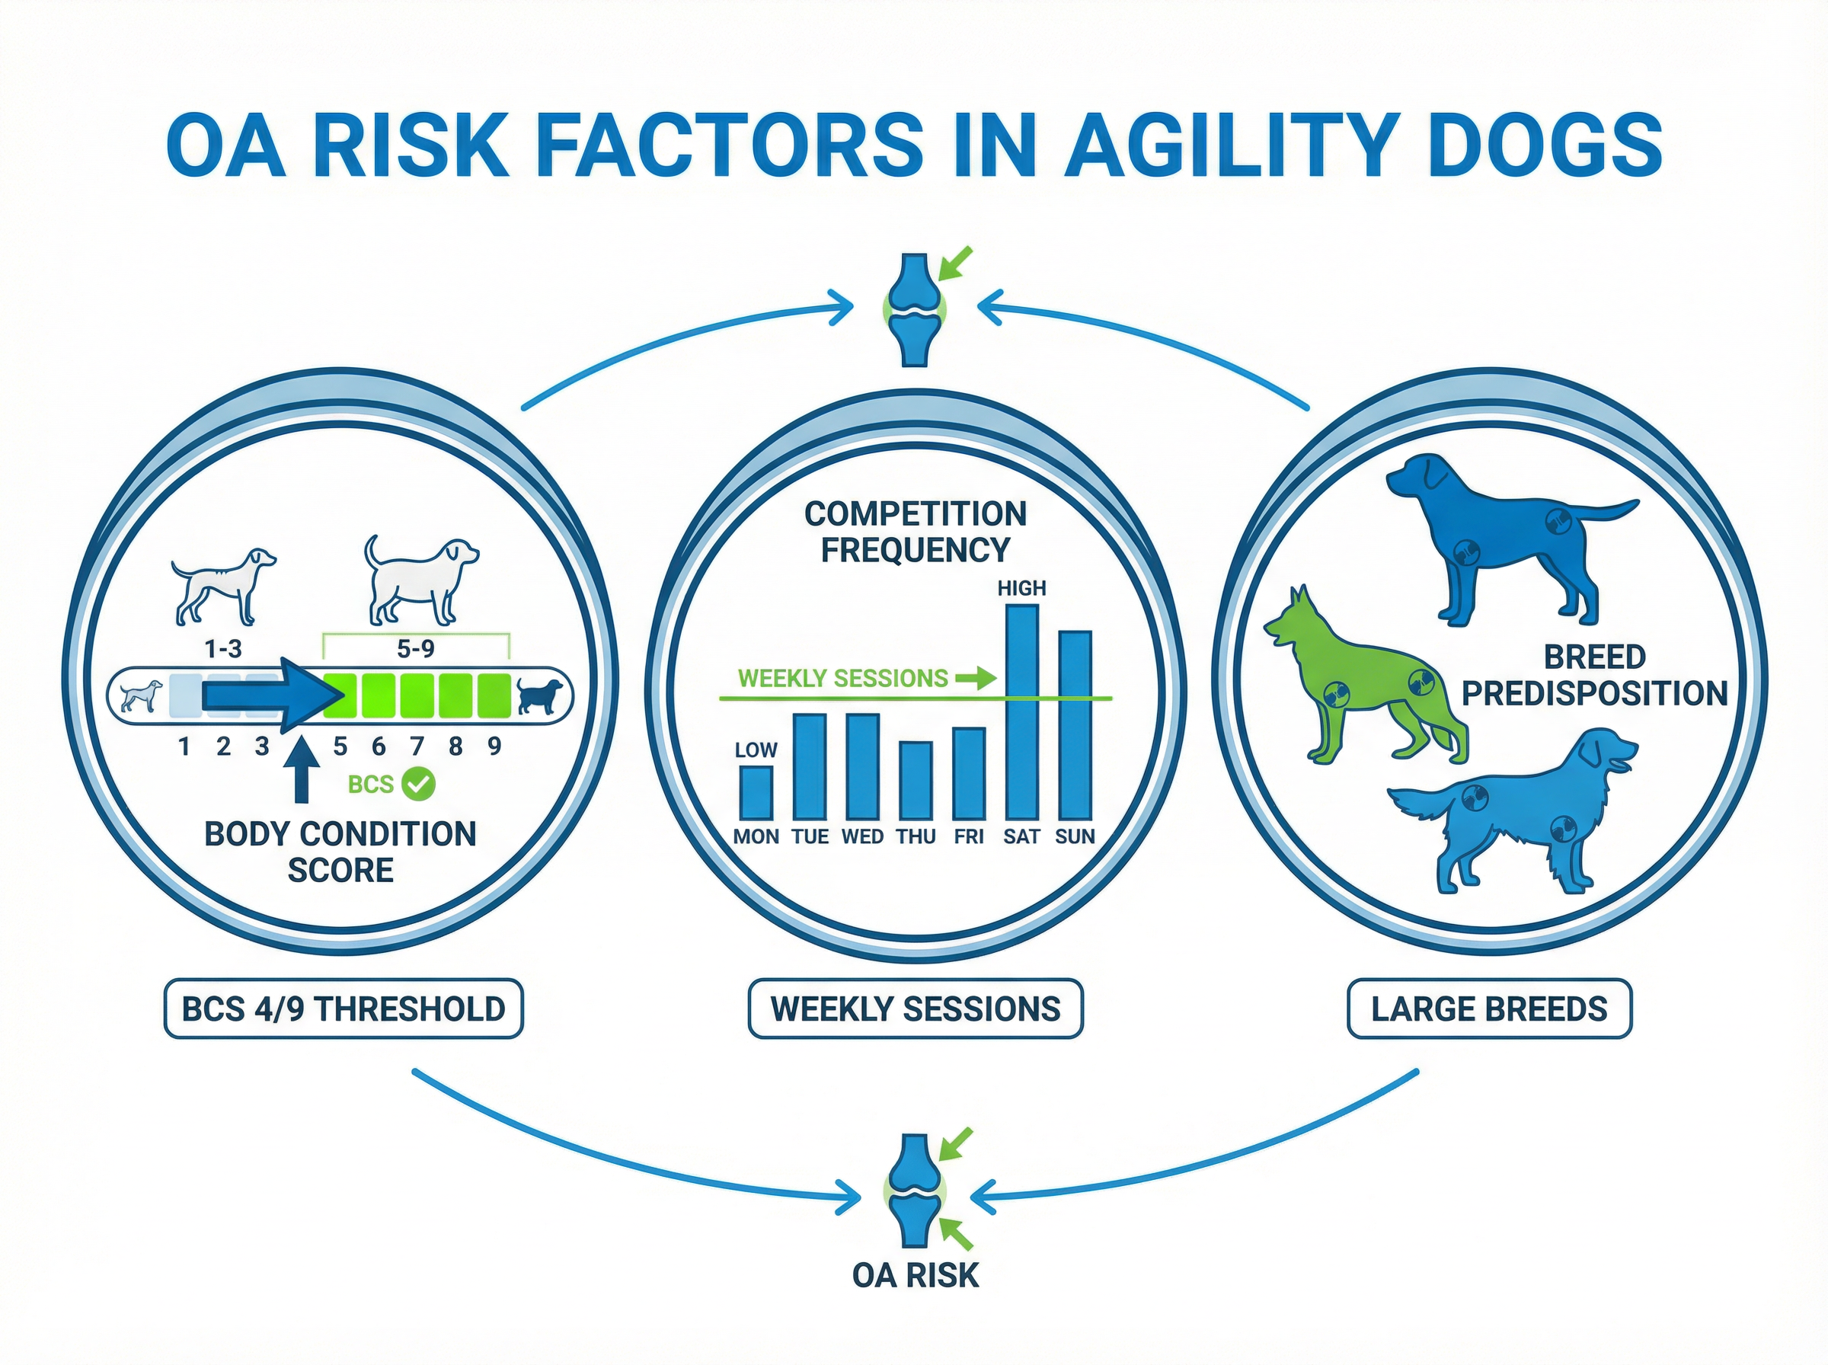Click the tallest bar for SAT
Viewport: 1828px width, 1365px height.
1022,712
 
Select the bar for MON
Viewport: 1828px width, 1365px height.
756,792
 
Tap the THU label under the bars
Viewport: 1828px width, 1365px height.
916,837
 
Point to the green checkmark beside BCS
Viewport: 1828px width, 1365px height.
418,783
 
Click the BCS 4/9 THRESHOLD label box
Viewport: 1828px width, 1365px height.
344,1009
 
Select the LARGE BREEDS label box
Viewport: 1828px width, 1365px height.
1489,1009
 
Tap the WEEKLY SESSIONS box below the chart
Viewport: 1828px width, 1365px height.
916,1009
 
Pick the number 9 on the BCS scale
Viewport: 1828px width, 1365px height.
494,747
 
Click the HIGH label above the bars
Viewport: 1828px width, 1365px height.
1022,588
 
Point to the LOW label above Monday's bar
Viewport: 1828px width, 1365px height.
756,750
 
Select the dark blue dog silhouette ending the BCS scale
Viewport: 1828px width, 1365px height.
539,696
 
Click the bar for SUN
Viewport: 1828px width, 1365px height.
1075,724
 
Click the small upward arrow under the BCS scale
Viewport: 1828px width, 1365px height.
302,769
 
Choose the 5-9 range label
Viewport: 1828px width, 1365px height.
416,649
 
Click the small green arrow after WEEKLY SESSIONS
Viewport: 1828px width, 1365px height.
976,679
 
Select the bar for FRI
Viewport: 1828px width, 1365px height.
969,773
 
